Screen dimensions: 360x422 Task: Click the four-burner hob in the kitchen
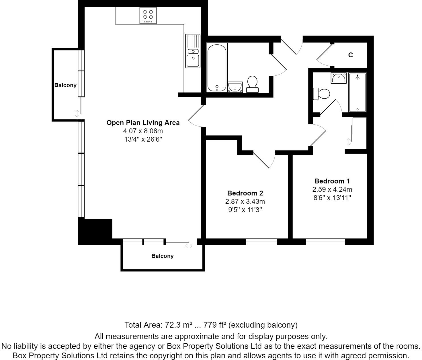tap(148, 15)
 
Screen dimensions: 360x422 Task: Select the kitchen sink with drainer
tap(193, 51)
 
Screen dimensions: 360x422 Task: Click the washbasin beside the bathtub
tap(235, 87)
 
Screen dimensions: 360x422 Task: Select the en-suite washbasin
tap(339, 78)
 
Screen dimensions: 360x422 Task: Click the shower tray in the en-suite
tap(357, 93)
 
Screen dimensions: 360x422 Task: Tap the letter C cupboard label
tap(350, 55)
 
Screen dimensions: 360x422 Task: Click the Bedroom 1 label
tap(332, 181)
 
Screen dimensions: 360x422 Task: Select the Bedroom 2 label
tap(245, 193)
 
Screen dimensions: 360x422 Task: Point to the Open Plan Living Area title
tap(143, 123)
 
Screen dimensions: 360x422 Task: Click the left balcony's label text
tap(65, 85)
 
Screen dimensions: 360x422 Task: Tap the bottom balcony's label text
tap(162, 256)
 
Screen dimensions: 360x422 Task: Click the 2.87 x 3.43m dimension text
tap(245, 201)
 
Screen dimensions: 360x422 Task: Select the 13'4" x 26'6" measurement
tap(143, 140)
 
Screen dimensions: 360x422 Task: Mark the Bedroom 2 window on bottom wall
tap(261, 242)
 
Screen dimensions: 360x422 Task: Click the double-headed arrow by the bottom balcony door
tap(189, 246)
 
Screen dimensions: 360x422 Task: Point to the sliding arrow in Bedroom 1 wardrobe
tap(349, 142)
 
